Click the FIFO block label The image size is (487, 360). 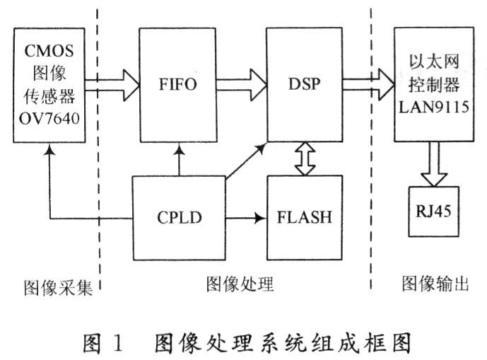click(178, 84)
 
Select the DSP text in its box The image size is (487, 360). click(305, 83)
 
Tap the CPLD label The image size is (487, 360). click(180, 217)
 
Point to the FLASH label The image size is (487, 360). click(305, 217)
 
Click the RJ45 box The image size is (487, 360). click(433, 211)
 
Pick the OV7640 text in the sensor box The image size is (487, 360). click(49, 118)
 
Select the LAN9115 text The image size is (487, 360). click(434, 107)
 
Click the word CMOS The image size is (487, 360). click(49, 51)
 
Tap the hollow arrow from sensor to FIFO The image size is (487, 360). click(112, 85)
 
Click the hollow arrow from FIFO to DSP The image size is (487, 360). click(241, 85)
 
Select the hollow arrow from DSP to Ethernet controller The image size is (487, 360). click(368, 84)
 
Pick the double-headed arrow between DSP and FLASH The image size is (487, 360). click(305, 159)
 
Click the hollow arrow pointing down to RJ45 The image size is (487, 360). click(434, 164)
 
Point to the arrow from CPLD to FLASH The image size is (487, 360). click(246, 218)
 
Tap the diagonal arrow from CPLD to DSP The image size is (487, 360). click(246, 161)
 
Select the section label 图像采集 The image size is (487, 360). click(59, 288)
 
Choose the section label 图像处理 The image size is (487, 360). click(240, 284)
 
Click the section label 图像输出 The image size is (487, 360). click(435, 283)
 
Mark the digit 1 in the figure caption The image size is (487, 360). click(118, 343)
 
